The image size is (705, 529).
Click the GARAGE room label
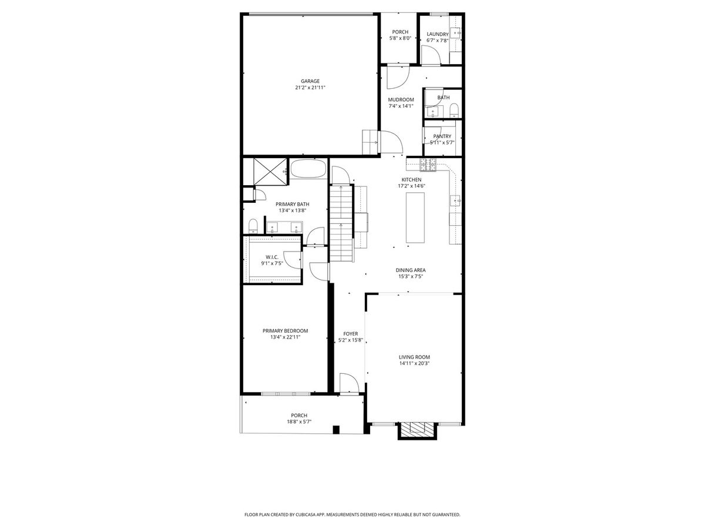click(x=310, y=81)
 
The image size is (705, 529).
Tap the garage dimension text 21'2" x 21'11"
click(x=310, y=88)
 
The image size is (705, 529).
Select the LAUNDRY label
click(x=438, y=34)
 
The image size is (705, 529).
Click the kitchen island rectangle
click(x=415, y=217)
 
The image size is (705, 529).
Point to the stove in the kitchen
click(x=428, y=165)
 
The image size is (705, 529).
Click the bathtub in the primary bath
click(x=308, y=168)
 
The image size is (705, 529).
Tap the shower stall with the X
click(x=270, y=172)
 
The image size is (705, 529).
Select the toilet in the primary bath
click(x=253, y=226)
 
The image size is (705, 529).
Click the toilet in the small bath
click(x=454, y=110)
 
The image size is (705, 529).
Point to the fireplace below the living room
click(x=418, y=431)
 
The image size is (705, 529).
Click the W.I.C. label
click(x=272, y=257)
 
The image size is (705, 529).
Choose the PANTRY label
click(x=442, y=136)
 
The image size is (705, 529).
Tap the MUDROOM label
click(x=401, y=99)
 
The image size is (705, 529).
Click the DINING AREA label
click(x=411, y=270)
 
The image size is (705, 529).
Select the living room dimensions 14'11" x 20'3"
click(x=414, y=363)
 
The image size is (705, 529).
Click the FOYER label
click(x=350, y=334)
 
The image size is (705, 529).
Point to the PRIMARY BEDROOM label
click(x=285, y=331)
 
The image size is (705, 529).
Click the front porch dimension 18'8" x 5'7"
click(x=299, y=421)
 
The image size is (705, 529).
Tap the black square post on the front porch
click(x=336, y=430)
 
